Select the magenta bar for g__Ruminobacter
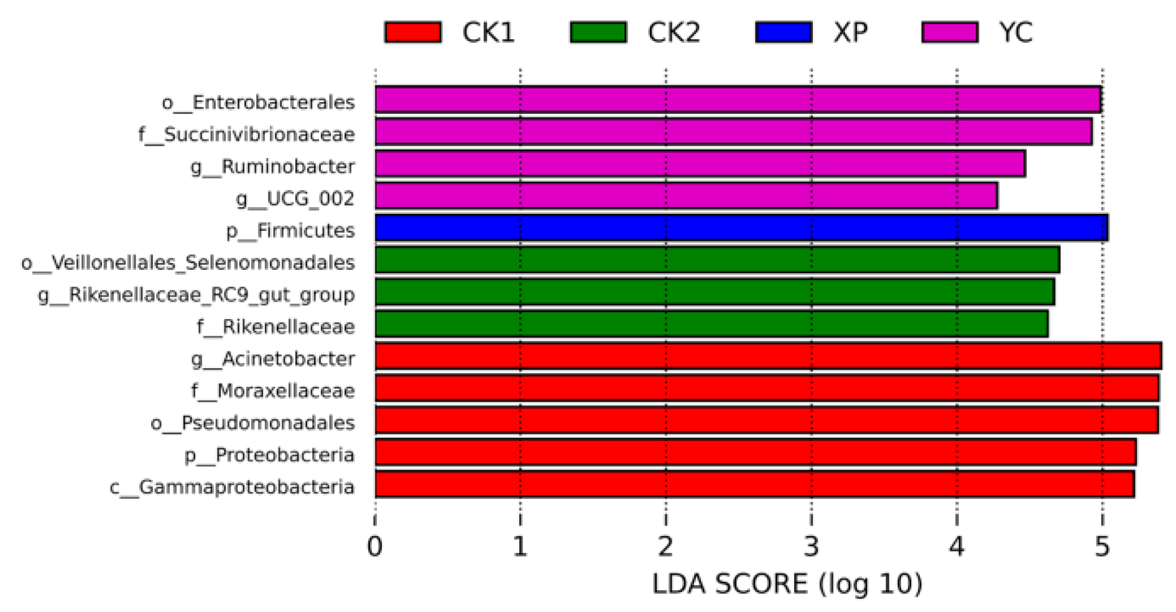(700, 164)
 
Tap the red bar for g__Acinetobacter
(768, 356)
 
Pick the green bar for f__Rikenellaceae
(711, 324)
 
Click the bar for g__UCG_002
(686, 196)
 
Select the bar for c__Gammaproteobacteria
(754, 484)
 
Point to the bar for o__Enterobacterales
(738, 100)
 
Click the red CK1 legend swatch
(413, 32)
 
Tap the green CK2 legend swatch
(598, 32)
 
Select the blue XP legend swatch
(784, 32)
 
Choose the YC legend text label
(1016, 32)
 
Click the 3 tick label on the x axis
(811, 546)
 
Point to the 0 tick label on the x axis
(374, 546)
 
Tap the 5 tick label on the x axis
(1102, 546)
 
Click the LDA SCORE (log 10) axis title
(787, 584)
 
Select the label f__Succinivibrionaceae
(246, 134)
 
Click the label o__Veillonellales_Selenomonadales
(188, 262)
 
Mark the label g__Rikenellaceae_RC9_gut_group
(197, 295)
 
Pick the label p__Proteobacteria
(269, 455)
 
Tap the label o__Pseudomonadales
(252, 423)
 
